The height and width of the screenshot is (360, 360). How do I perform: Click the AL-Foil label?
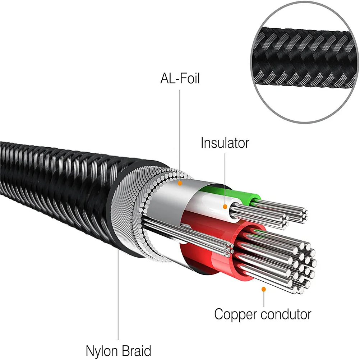tap(180, 78)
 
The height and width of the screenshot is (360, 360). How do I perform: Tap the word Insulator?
tap(225, 143)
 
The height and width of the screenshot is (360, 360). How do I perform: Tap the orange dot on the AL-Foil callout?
tap(180, 183)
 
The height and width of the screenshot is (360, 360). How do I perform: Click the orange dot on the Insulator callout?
tap(225, 207)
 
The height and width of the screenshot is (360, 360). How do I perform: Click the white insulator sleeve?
tap(208, 205)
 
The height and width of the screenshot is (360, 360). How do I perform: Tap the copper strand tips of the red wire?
tap(302, 266)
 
